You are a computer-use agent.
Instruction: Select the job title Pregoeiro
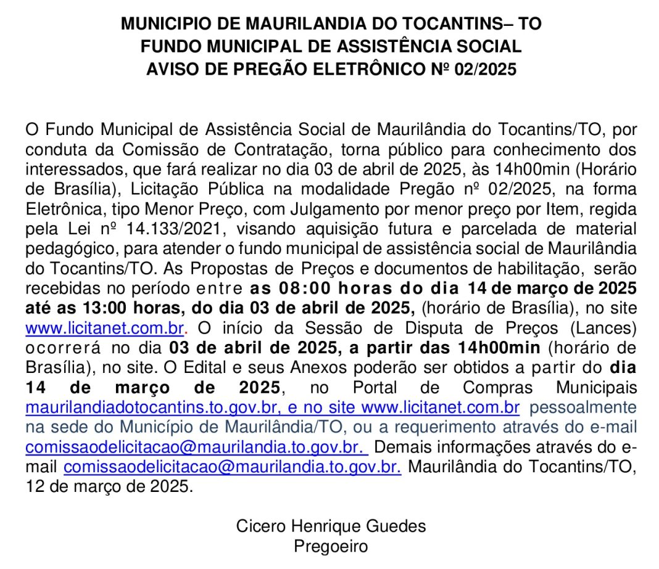pyautogui.click(x=331, y=547)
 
